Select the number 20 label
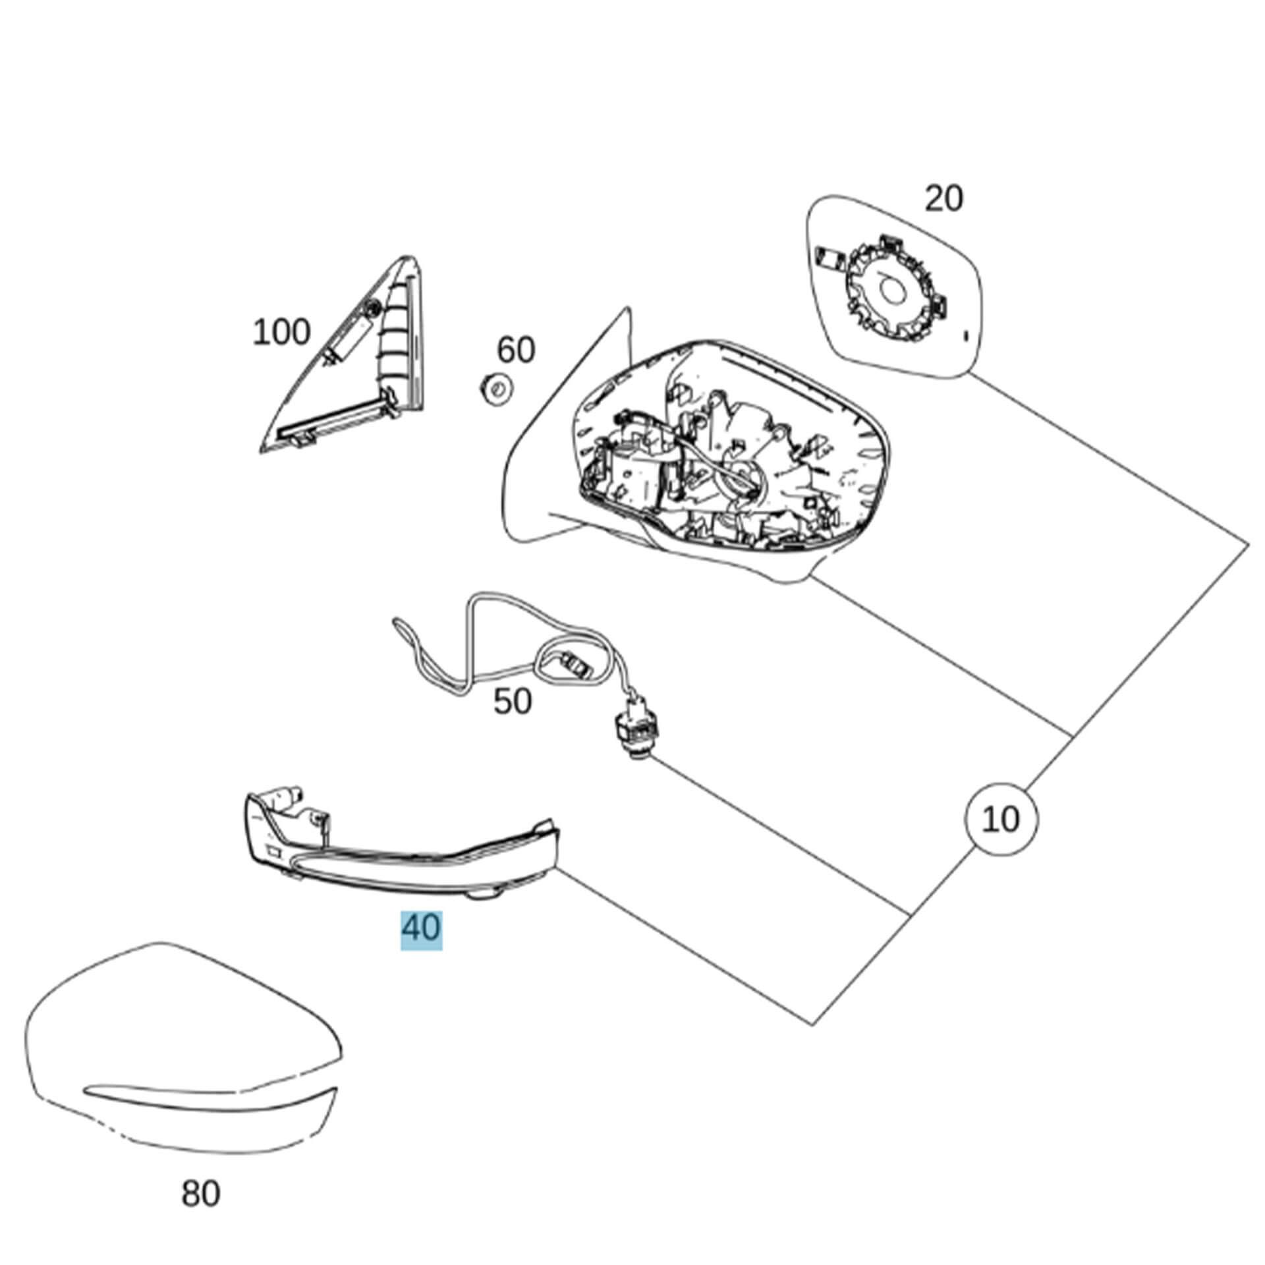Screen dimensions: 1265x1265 [x=943, y=198]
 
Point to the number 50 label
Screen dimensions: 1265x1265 [x=513, y=701]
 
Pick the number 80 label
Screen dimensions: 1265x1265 [x=201, y=1193]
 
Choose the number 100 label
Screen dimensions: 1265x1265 [x=281, y=332]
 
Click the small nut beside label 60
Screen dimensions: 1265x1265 [x=495, y=388]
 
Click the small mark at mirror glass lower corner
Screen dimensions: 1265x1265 [x=967, y=336]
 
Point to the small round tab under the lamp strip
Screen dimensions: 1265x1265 [x=486, y=894]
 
